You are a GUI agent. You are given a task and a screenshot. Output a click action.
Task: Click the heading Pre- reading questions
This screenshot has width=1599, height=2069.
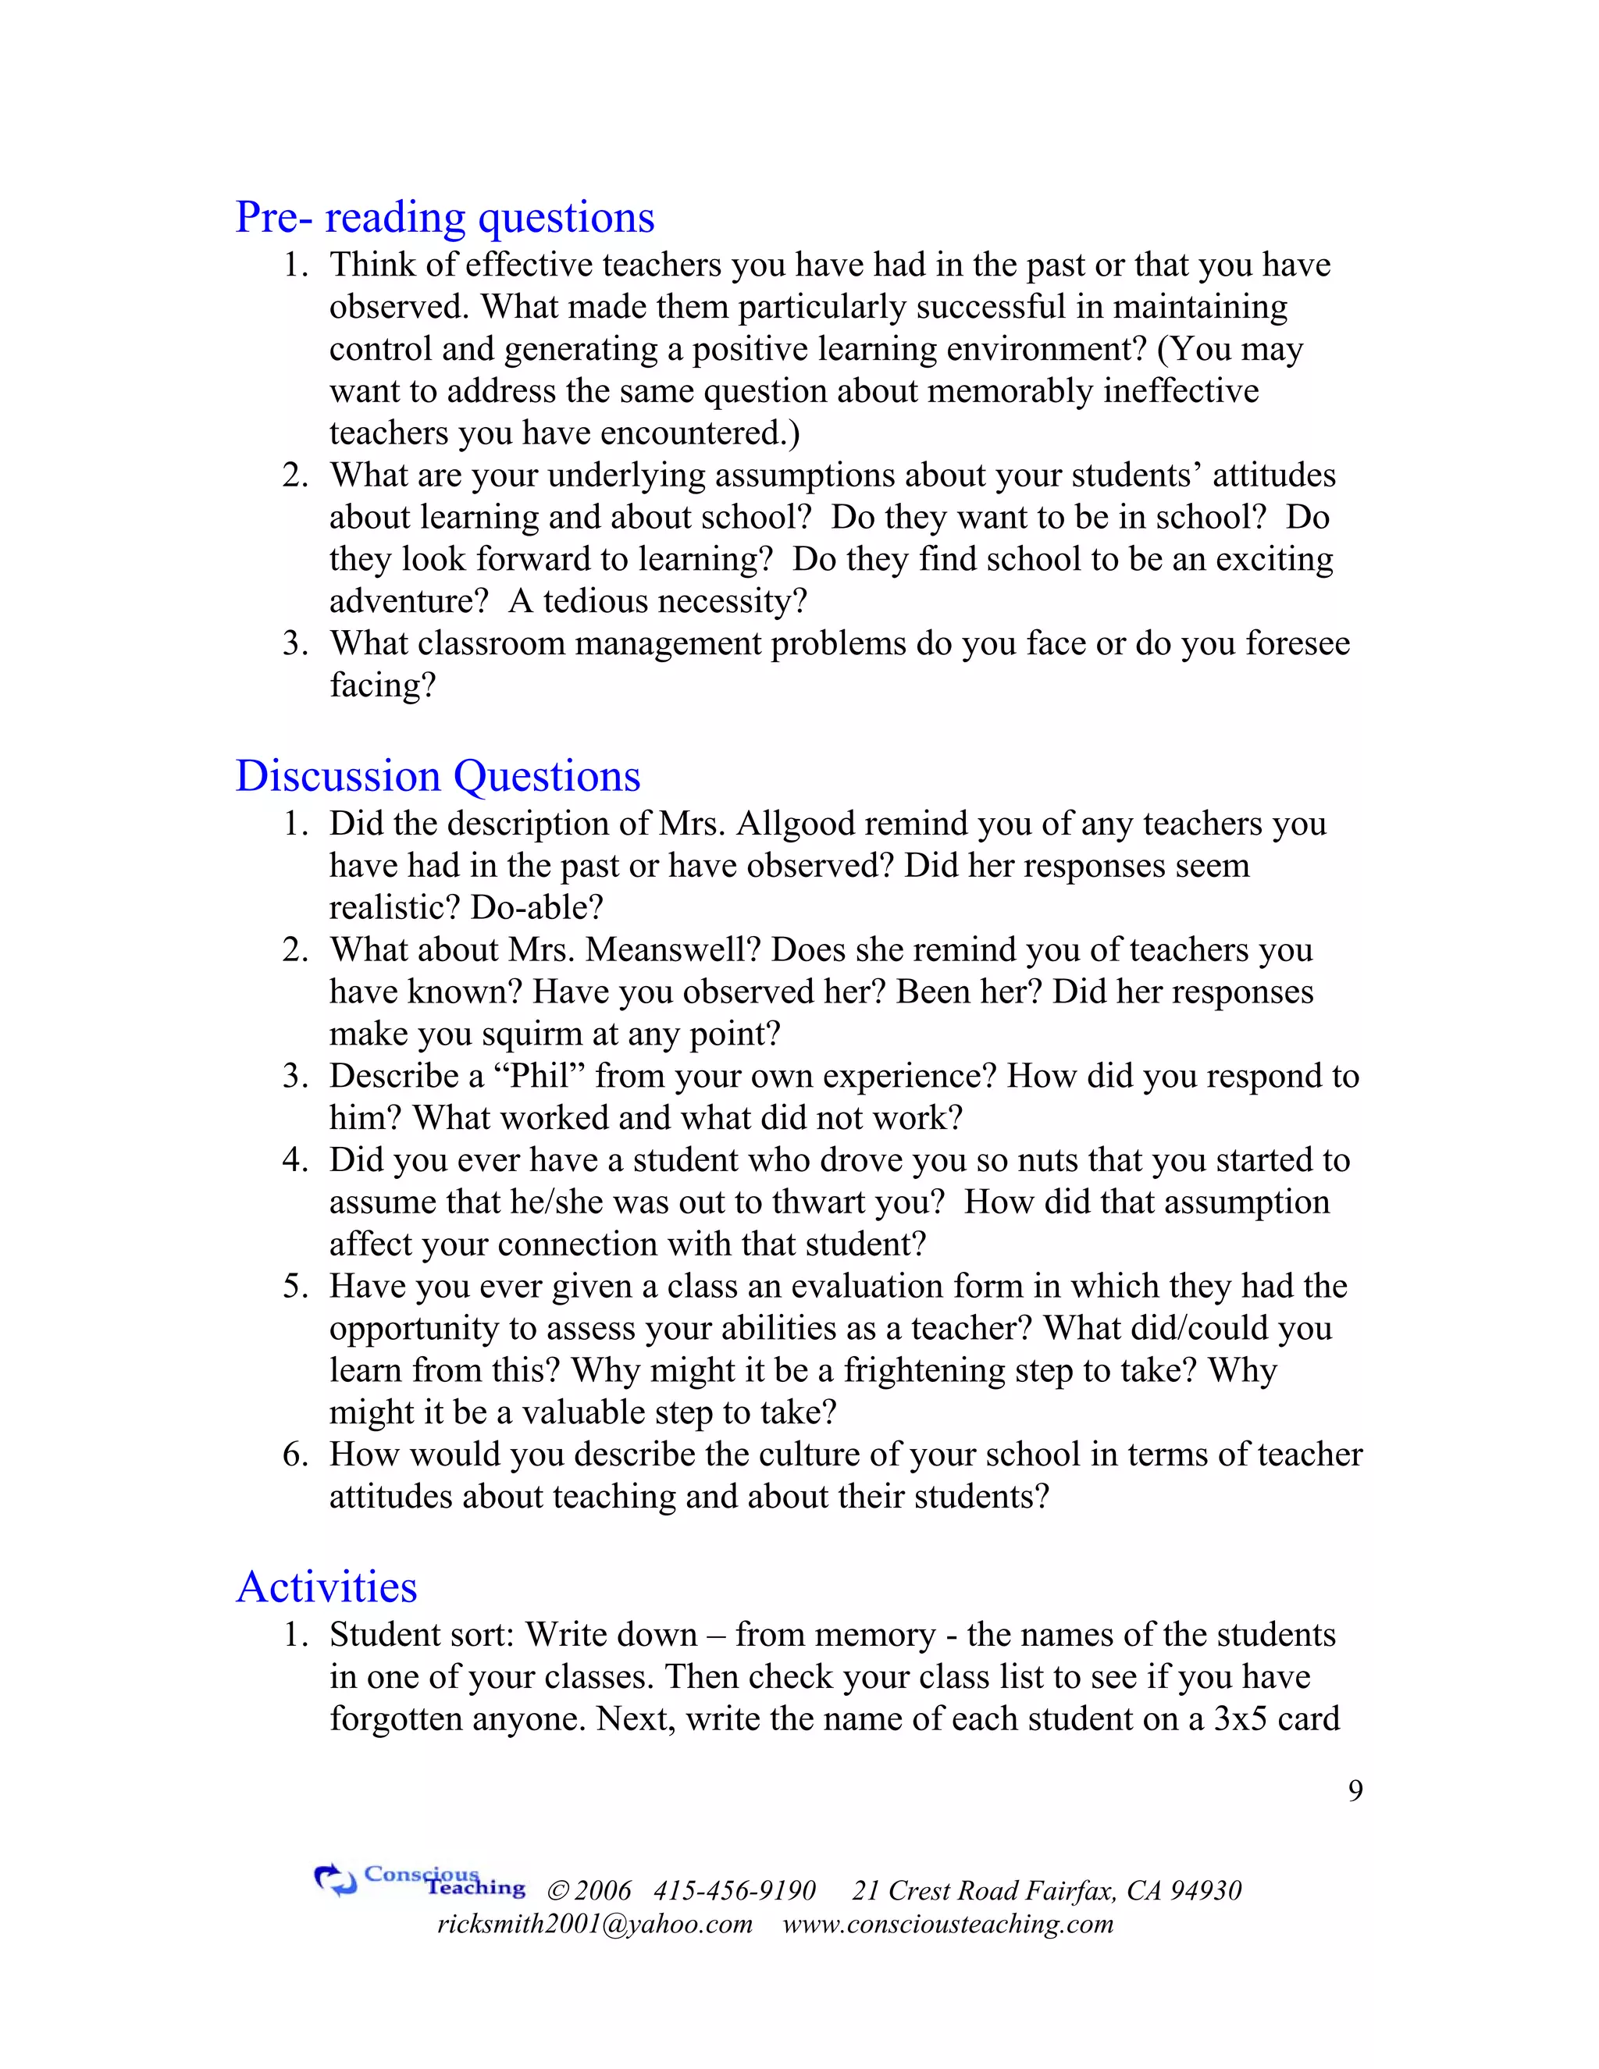coord(444,217)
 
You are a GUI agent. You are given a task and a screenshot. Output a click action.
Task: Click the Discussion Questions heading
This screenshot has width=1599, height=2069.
coord(438,776)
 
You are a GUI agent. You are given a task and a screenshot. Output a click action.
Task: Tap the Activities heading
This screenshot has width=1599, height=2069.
coord(327,1586)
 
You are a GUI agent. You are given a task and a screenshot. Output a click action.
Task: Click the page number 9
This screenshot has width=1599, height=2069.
coord(1355,1790)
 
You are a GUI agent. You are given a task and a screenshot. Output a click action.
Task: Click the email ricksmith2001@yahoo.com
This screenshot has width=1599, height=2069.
coord(595,1924)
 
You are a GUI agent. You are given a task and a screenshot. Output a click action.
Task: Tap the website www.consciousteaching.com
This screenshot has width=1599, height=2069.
coord(947,1924)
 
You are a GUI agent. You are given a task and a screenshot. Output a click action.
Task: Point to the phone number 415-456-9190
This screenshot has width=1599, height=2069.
coord(734,1891)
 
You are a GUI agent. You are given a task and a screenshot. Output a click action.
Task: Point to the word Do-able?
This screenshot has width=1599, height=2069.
coord(536,907)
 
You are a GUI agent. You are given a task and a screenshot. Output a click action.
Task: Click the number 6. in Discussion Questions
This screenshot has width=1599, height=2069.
coord(296,1455)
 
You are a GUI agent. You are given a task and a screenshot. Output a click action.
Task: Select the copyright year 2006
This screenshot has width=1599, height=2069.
coord(603,1891)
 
